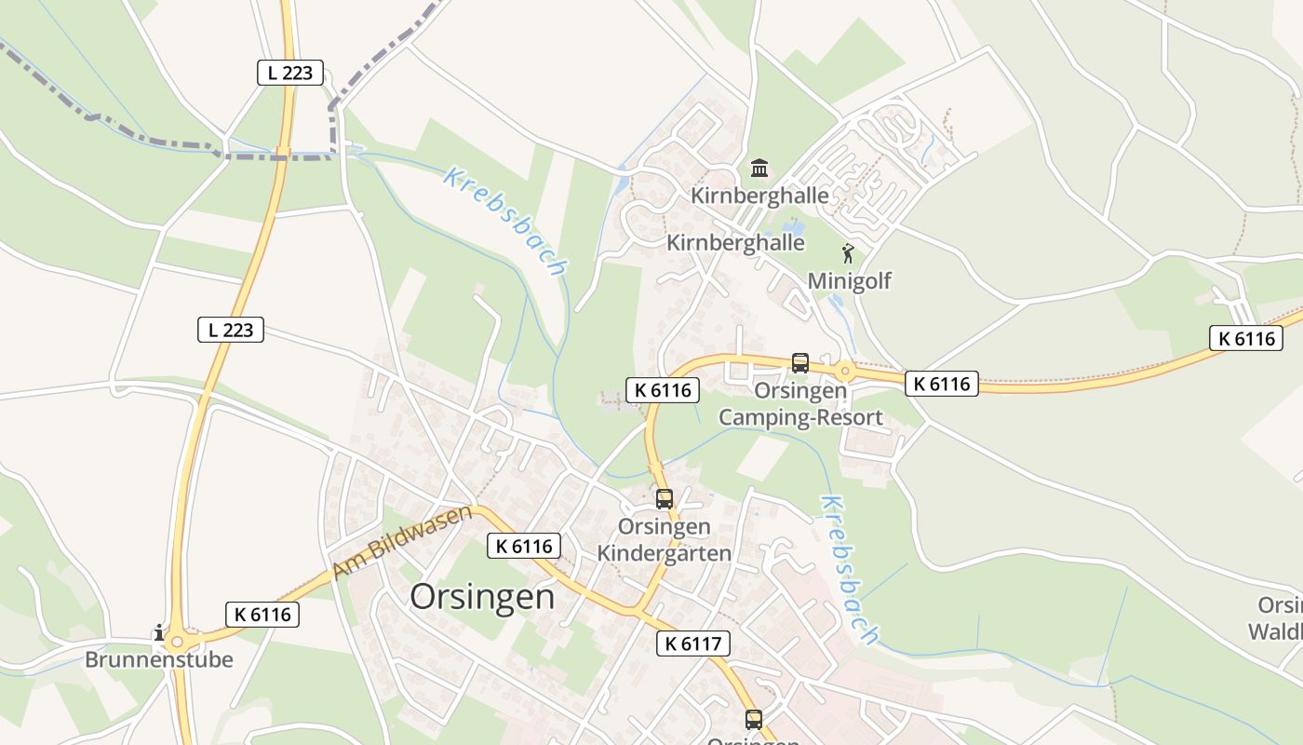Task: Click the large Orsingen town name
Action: [482, 597]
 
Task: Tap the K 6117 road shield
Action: [692, 643]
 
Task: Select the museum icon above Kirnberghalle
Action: [759, 169]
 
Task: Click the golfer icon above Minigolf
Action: [848, 253]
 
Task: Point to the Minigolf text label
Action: [849, 280]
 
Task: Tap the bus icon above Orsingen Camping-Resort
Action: [799, 362]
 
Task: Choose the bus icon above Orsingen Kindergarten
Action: [664, 498]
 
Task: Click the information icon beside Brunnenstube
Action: [159, 633]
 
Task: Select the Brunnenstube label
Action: [158, 659]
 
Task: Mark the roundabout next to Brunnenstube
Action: [180, 641]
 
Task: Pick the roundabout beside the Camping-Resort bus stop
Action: [844, 370]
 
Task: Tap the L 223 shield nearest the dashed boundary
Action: [290, 73]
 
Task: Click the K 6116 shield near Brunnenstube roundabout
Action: [262, 614]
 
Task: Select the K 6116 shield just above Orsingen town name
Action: [523, 546]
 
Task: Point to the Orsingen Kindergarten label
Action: [664, 540]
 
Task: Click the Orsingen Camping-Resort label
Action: [800, 403]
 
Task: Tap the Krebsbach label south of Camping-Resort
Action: [848, 569]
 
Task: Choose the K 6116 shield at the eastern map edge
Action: [1245, 338]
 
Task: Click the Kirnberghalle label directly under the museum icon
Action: [759, 196]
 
